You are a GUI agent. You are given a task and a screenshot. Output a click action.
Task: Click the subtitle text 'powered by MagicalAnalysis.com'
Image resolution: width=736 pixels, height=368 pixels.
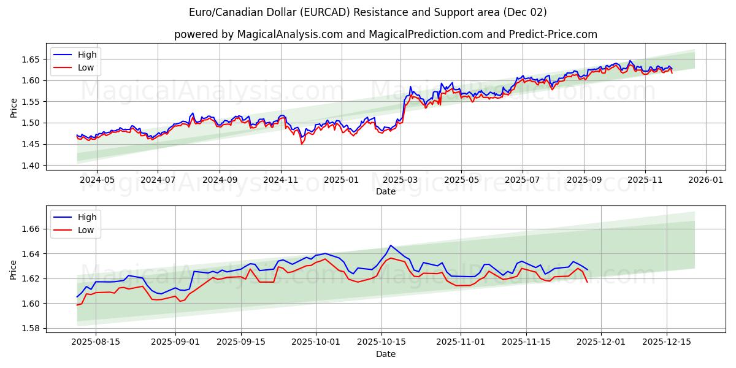258,34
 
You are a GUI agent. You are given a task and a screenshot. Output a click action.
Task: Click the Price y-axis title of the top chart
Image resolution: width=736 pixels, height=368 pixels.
13,109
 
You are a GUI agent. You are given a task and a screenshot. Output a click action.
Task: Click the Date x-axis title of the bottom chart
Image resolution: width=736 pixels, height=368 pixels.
385,354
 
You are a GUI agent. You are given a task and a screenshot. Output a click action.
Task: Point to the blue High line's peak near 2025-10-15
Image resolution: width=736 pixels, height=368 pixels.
390,245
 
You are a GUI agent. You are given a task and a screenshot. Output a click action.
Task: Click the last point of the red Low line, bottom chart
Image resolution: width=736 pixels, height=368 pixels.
587,282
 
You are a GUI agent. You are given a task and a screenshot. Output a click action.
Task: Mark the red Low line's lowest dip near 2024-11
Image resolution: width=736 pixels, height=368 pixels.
301,144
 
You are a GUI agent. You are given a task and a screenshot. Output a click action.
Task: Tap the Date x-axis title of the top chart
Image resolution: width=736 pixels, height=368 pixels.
385,191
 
